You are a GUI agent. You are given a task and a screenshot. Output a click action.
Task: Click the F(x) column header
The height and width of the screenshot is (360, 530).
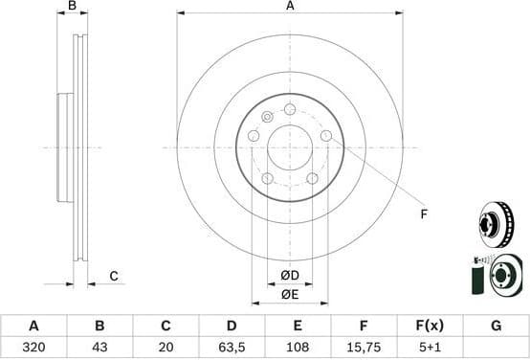[430, 326]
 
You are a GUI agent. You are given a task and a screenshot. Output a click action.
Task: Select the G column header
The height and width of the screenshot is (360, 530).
[496, 326]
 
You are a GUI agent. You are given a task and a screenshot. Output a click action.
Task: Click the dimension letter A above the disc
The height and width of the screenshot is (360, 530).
[290, 7]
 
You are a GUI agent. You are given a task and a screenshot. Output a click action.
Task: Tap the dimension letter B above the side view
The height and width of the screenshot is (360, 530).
[73, 7]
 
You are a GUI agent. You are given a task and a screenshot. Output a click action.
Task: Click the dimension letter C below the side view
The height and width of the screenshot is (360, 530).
[113, 277]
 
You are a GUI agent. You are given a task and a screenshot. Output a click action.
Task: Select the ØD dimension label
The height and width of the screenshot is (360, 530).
[290, 276]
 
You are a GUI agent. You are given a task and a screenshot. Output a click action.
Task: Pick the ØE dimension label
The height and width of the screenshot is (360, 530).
[290, 294]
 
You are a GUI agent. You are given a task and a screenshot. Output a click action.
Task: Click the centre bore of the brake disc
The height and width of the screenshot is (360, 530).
[290, 147]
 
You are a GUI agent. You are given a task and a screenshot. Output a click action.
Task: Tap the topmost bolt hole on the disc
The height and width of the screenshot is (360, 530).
[290, 109]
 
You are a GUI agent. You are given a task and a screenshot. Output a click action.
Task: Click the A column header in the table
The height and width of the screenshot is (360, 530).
[33, 326]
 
